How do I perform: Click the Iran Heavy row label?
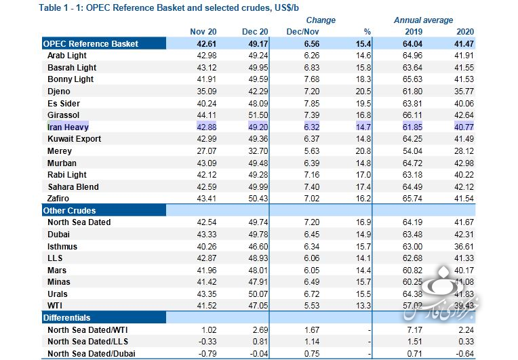click(68, 127)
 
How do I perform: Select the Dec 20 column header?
click(256, 32)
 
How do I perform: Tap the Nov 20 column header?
click(203, 32)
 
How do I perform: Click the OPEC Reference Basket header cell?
click(90, 43)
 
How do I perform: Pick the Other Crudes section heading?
click(69, 211)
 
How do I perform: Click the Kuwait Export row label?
click(74, 139)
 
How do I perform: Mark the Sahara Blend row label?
click(73, 187)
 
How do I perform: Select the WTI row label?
click(56, 306)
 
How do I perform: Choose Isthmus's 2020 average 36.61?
click(464, 247)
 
